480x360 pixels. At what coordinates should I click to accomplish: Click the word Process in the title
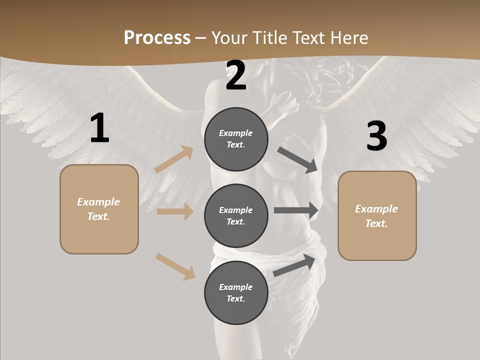click(x=157, y=38)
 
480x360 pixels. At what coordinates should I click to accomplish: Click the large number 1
click(x=99, y=128)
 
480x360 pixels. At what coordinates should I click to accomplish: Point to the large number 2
click(x=236, y=75)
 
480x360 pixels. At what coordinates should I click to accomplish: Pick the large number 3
click(x=376, y=136)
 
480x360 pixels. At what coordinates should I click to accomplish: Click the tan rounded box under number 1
click(x=99, y=209)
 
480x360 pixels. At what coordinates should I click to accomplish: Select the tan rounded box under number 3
click(x=377, y=216)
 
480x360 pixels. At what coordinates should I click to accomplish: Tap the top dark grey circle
click(x=236, y=139)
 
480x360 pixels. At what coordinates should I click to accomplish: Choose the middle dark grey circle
click(x=236, y=215)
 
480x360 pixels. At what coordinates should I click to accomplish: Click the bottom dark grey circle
click(x=236, y=292)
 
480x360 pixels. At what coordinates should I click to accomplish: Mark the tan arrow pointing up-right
click(x=174, y=159)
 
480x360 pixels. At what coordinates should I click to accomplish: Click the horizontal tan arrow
click(x=175, y=211)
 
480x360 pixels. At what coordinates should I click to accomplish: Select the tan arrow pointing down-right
click(x=175, y=266)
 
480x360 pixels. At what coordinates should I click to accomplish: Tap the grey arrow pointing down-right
click(x=297, y=160)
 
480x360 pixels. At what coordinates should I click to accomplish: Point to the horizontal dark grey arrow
click(x=296, y=210)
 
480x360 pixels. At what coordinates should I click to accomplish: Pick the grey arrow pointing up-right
click(x=294, y=265)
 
